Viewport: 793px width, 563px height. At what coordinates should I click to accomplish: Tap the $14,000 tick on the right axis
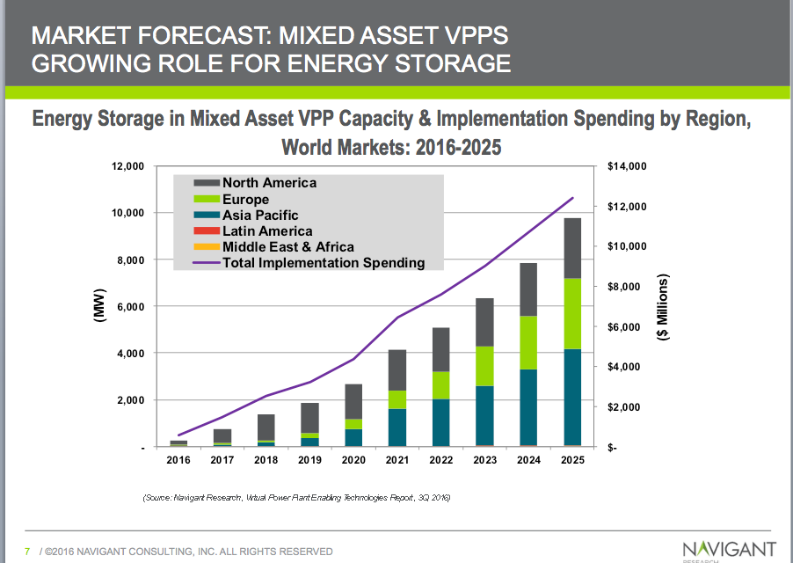[627, 166]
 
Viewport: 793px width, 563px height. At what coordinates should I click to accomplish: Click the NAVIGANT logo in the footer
[729, 550]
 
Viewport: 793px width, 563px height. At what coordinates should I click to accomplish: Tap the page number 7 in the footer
[27, 552]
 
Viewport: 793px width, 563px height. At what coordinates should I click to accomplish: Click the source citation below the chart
[296, 499]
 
